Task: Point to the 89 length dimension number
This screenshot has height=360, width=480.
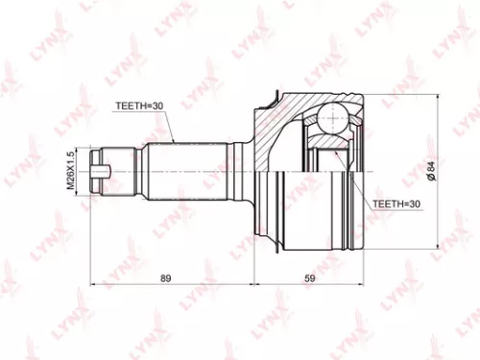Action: click(x=166, y=278)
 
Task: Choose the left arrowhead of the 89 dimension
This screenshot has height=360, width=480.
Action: click(x=92, y=285)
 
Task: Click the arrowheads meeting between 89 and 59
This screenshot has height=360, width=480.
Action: click(x=252, y=285)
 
